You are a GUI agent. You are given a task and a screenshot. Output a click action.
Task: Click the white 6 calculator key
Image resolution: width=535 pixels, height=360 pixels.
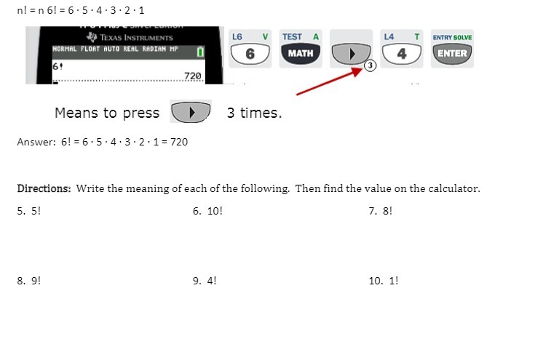(250, 54)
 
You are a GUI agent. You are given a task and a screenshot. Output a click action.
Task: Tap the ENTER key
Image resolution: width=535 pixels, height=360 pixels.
(452, 54)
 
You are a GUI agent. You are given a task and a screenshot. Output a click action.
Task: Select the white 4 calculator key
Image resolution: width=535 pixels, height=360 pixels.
(402, 54)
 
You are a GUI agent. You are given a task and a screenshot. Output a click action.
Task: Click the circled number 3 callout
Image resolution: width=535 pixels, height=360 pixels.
(370, 65)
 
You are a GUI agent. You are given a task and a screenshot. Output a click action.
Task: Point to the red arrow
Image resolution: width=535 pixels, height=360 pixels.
(330, 81)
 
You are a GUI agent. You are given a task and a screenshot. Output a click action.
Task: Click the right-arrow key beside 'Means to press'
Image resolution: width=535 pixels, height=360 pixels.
(191, 112)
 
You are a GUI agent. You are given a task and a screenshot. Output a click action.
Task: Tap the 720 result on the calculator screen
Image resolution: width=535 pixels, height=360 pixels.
(192, 76)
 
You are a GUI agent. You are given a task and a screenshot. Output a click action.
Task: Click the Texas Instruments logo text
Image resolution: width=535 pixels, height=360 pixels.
(136, 38)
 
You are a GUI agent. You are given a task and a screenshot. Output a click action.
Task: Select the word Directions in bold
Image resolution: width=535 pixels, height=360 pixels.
(44, 188)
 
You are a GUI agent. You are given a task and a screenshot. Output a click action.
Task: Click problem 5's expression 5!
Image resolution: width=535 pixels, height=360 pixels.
(36, 211)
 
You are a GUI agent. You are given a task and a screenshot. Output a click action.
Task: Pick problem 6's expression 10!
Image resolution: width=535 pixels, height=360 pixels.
(215, 211)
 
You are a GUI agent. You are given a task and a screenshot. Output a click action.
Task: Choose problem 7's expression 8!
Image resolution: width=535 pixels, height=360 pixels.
(387, 211)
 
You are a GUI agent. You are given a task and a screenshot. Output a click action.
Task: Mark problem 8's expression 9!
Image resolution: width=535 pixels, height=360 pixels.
(36, 281)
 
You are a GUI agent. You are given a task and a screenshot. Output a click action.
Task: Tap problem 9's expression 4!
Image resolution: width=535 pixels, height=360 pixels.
(212, 281)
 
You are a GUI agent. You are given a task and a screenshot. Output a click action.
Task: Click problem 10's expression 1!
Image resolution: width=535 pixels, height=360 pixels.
(393, 281)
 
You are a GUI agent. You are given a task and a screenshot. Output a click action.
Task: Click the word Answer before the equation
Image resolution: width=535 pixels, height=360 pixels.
(36, 142)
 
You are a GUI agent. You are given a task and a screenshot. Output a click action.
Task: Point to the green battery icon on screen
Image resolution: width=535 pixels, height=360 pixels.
(200, 52)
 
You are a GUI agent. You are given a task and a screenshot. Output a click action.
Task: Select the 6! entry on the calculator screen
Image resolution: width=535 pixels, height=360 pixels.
(58, 66)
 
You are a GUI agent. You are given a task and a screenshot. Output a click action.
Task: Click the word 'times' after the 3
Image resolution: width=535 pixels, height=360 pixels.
(261, 113)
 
